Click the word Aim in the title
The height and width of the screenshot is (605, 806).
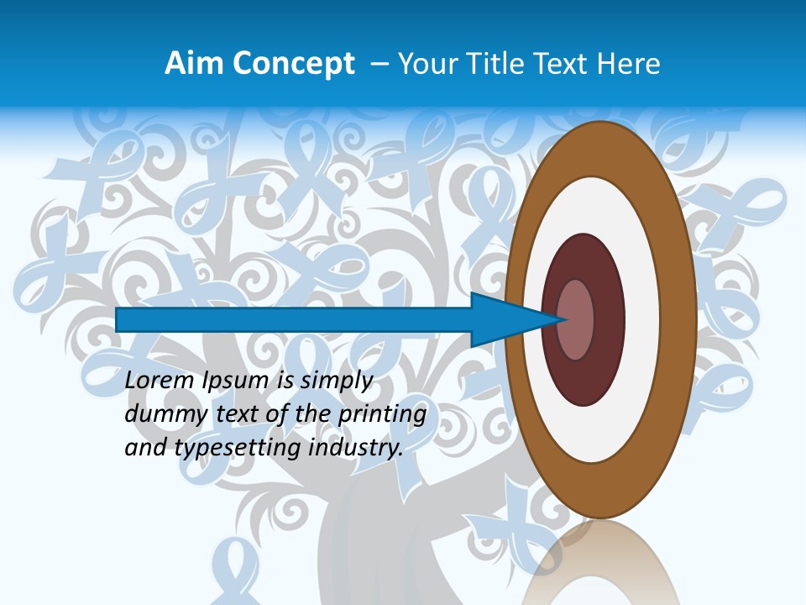click(195, 64)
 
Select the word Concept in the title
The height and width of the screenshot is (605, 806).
click(292, 64)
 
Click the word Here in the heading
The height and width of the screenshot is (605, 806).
click(629, 64)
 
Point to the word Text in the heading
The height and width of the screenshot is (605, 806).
click(563, 64)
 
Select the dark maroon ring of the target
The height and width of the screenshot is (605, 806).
click(608, 319)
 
